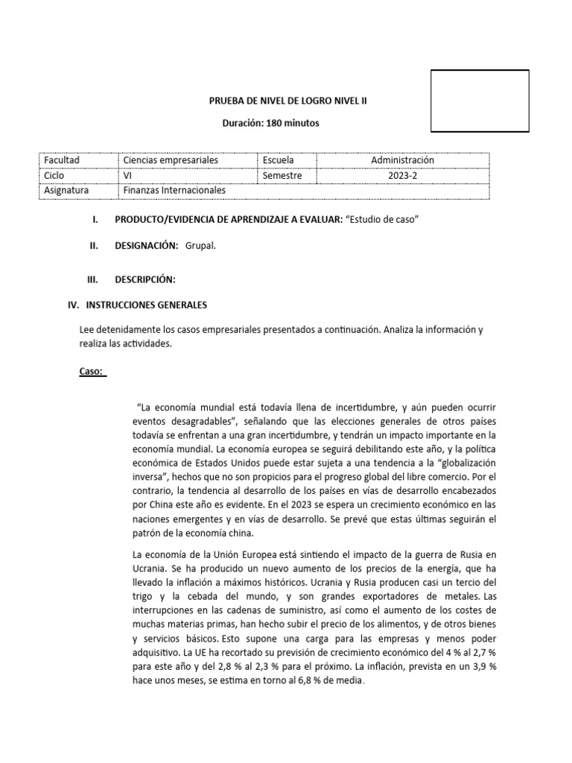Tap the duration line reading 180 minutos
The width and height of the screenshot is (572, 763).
pyautogui.click(x=271, y=123)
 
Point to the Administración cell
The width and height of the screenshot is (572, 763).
pyautogui.click(x=403, y=160)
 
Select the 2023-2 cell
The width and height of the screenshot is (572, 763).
pyautogui.click(x=403, y=175)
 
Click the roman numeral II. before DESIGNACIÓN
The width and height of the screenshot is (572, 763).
pyautogui.click(x=94, y=247)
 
